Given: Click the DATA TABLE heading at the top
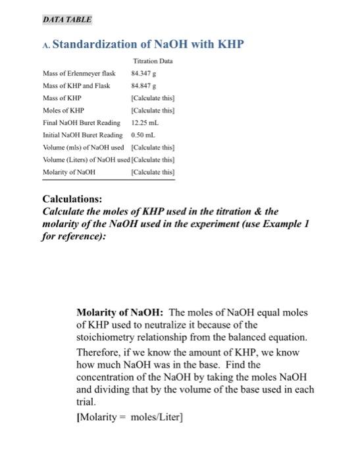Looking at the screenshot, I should [66, 20].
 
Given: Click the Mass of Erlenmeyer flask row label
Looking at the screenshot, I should [74, 72].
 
